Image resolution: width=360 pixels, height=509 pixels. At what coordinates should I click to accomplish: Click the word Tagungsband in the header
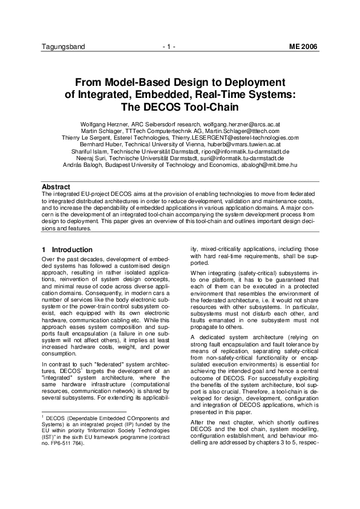[63, 47]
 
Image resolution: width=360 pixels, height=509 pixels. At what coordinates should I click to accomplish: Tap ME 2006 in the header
[303, 47]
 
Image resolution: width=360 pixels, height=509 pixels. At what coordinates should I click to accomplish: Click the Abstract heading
[56, 187]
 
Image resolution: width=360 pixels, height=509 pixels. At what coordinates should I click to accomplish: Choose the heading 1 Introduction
[67, 250]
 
